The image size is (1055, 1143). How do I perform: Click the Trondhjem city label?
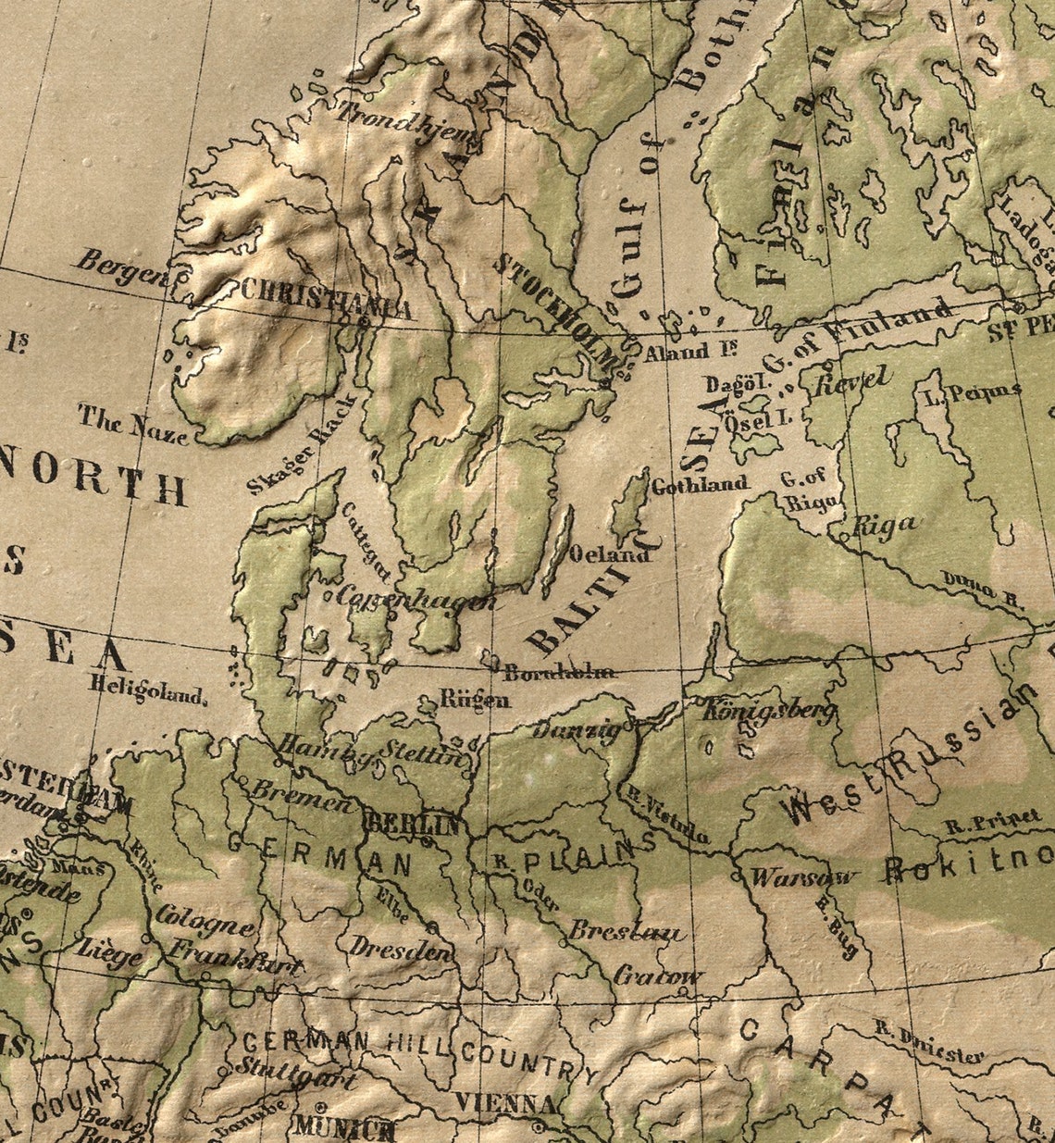(x=407, y=128)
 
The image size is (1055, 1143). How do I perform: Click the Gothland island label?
(x=700, y=483)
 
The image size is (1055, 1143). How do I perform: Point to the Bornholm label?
(x=560, y=672)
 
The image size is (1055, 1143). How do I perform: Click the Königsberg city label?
(x=768, y=711)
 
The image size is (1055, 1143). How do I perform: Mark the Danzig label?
(x=577, y=730)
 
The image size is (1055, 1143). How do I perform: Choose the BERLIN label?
(x=413, y=823)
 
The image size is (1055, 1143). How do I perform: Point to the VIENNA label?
(x=505, y=1103)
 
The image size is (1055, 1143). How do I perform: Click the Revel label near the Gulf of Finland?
(x=851, y=380)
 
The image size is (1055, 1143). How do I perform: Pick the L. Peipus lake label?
(x=972, y=391)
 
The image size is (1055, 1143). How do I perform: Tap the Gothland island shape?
(x=633, y=504)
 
